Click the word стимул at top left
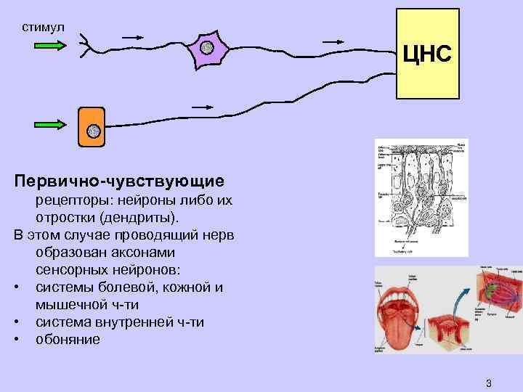(x=43, y=27)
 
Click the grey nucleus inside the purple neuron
(x=206, y=49)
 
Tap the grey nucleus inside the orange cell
(x=93, y=131)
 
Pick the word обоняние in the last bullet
(x=68, y=339)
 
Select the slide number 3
(x=489, y=383)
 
